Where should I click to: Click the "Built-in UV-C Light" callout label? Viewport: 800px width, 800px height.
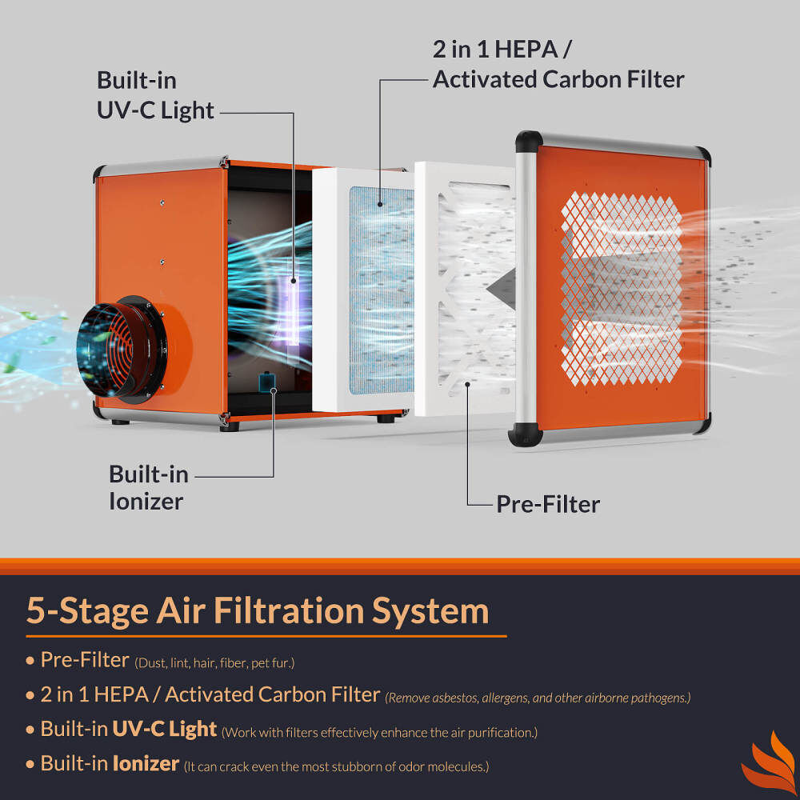(x=155, y=95)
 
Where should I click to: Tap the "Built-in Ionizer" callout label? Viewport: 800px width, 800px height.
(x=149, y=487)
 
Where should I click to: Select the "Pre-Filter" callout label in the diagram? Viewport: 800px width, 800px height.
(x=547, y=504)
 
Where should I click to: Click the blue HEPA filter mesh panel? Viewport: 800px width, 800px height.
(x=382, y=288)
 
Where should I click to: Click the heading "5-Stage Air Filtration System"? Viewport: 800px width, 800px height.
(x=257, y=610)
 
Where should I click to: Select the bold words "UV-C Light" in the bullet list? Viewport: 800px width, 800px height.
(x=164, y=729)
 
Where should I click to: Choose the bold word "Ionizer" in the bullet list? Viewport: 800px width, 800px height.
(x=146, y=763)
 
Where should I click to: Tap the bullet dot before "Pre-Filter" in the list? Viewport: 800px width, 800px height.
(x=30, y=662)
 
